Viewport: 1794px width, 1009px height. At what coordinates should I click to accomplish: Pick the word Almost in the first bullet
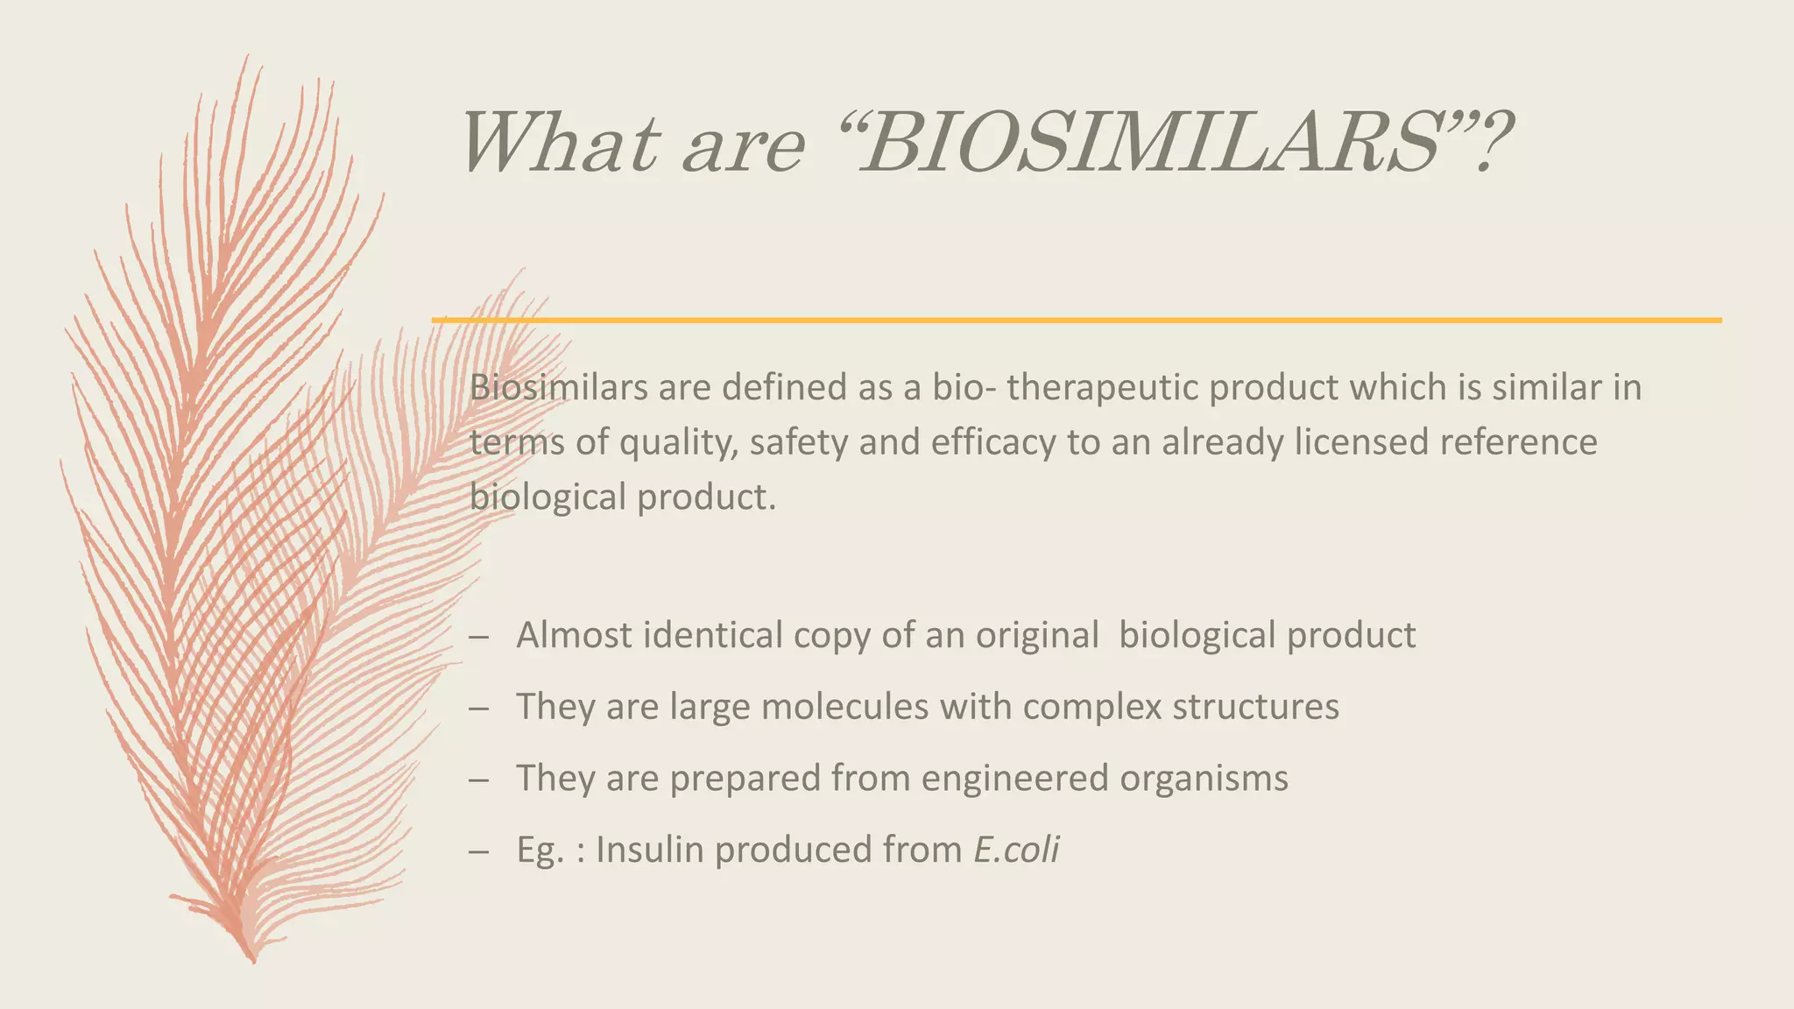coord(574,635)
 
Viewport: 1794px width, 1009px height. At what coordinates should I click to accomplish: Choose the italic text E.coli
coord(1016,850)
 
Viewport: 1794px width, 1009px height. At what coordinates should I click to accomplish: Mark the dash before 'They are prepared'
coord(478,779)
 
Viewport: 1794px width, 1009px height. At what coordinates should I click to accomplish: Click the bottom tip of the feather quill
coord(253,961)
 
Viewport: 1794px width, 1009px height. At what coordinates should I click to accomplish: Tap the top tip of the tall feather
coord(247,56)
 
